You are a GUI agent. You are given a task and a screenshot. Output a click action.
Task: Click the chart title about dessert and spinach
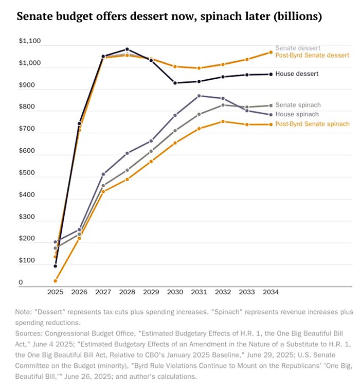(169, 16)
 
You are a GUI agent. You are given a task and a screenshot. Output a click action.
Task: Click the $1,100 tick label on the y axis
(29, 42)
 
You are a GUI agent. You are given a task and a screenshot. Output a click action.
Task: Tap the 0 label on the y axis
(21, 282)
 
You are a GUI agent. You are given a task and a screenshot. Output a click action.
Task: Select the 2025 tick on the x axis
(55, 292)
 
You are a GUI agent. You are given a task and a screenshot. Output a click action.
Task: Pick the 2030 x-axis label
(175, 292)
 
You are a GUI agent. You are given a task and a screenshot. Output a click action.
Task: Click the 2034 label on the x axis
(271, 292)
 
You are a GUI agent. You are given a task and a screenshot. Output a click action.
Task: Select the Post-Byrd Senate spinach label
(312, 124)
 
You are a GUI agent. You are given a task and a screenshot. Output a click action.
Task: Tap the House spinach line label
(297, 114)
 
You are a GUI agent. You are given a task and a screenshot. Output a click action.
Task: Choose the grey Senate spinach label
(298, 105)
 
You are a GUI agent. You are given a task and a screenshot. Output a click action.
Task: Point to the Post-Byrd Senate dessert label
(312, 55)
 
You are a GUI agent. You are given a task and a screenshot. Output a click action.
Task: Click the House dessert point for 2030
(175, 83)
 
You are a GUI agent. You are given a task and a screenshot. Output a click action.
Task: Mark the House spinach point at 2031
(199, 96)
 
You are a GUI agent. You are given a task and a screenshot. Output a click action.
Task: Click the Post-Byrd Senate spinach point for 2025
(55, 281)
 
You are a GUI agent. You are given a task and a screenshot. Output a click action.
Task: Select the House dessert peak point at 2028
(127, 49)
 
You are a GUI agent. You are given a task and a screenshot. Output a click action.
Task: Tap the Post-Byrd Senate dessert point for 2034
(271, 52)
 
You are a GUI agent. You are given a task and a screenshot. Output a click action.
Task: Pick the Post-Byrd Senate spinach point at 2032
(223, 121)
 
